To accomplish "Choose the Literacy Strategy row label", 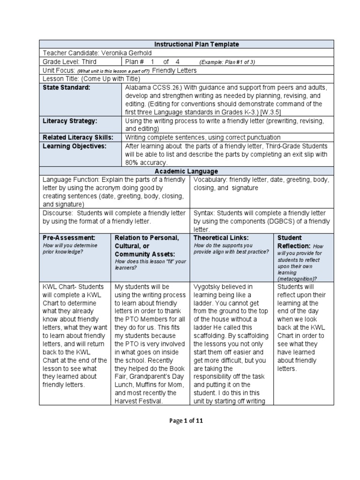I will pyautogui.click(x=70, y=121).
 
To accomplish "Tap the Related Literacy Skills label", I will pyautogui.click(x=78, y=137).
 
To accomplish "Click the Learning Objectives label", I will pyautogui.click(x=75, y=146).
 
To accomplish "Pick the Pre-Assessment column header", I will pyautogui.click(x=69, y=238).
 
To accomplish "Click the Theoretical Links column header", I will pyautogui.click(x=221, y=238).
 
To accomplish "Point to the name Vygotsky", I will pyautogui.click(x=207, y=286).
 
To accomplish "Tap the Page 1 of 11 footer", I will pyautogui.click(x=186, y=420).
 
